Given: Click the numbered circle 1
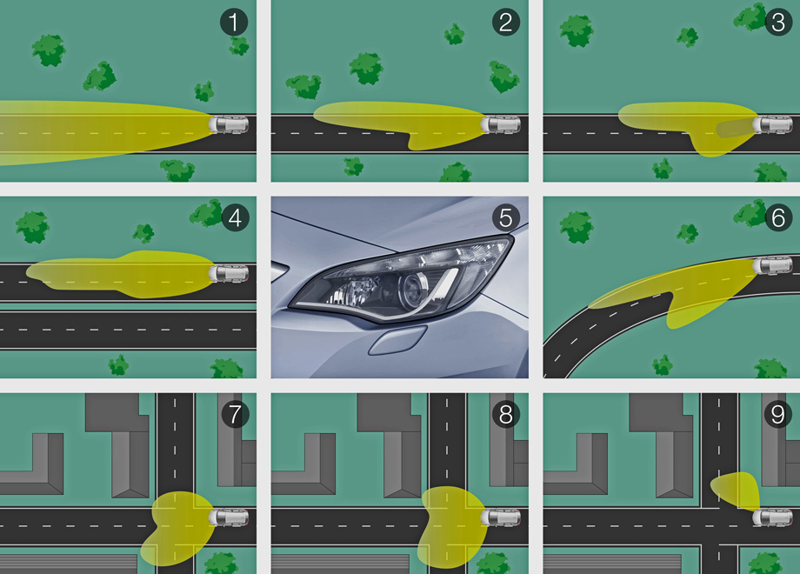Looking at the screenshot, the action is [x=234, y=23].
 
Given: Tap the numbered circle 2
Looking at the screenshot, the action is [x=505, y=23].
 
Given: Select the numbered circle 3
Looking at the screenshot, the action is [x=778, y=23].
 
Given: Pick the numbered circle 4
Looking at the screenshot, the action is [x=235, y=218].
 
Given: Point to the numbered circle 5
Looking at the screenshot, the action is [x=505, y=218].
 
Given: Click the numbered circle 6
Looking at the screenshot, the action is [x=778, y=218].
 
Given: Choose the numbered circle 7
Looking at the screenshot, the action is [x=235, y=414].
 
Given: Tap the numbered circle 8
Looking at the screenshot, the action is [x=505, y=414].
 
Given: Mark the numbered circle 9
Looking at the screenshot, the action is [x=778, y=414].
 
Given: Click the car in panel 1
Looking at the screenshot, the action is [x=229, y=124].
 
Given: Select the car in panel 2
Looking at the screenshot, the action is [x=501, y=124].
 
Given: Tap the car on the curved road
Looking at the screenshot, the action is [x=772, y=265].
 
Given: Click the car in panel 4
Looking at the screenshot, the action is [x=229, y=273].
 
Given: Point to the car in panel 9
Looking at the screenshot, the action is [x=772, y=517].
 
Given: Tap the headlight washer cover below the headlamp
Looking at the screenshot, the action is [x=397, y=340].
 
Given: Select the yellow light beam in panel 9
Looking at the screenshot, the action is [x=737, y=490].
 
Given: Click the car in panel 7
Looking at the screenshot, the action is [x=229, y=517].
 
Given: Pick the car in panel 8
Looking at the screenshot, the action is [x=501, y=517].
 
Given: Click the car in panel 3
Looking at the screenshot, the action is [x=772, y=124].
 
